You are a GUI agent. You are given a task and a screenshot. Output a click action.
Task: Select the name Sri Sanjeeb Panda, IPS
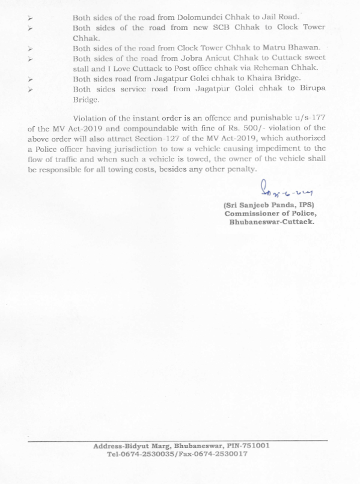click(x=268, y=206)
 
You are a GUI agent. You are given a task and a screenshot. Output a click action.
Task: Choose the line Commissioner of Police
click(x=270, y=214)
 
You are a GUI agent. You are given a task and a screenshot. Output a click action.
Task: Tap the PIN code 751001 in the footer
click(x=254, y=446)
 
